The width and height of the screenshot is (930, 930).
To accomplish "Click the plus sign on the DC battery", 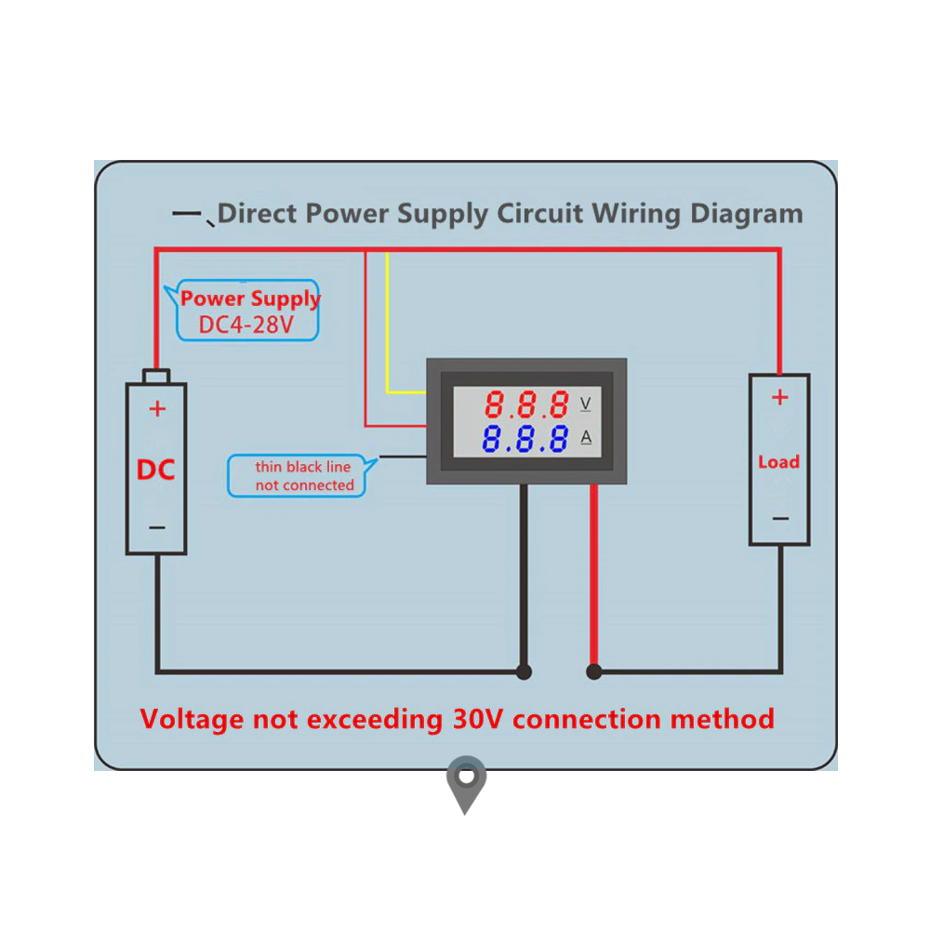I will [x=157, y=408].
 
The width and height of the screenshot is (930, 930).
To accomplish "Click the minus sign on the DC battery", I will [x=157, y=528].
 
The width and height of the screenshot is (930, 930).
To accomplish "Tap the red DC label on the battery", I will [x=155, y=470].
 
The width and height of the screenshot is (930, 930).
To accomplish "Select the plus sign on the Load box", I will [x=779, y=398].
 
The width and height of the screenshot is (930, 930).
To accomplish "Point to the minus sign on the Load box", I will [x=780, y=519].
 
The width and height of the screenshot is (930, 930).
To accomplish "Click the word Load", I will [x=778, y=462].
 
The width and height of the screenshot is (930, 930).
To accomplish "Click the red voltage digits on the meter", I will [x=527, y=405].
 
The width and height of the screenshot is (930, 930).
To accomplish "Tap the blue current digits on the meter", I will [x=526, y=438].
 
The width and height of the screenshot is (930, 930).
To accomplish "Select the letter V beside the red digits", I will [x=586, y=404].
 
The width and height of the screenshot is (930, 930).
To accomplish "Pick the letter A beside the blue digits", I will [x=586, y=438].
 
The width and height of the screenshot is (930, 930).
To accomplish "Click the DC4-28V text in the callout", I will [x=246, y=325].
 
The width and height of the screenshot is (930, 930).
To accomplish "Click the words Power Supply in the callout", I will [x=250, y=299].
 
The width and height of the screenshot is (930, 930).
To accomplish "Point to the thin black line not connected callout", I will [x=303, y=476].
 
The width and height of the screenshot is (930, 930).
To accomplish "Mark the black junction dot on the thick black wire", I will [x=524, y=671].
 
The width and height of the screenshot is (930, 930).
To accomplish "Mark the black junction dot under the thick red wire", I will [x=593, y=671].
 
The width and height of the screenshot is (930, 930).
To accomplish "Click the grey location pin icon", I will [x=465, y=782].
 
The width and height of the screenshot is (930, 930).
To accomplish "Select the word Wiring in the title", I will [x=639, y=214].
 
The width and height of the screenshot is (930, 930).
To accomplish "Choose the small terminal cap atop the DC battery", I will [x=156, y=376].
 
